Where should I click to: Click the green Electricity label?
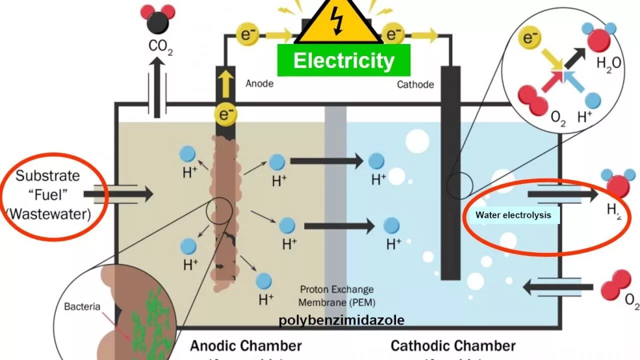[x=343, y=60]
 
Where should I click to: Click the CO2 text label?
[x=160, y=46]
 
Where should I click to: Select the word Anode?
[x=259, y=83]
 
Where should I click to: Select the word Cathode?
[x=415, y=84]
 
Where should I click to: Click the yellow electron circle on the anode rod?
[x=225, y=115]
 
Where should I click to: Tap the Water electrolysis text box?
[x=513, y=215]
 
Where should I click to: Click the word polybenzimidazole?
[x=341, y=320]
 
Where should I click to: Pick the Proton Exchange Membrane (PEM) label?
[x=336, y=296]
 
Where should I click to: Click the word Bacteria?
[x=82, y=306]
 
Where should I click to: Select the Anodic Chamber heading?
[x=245, y=345]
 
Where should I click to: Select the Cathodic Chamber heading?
[x=452, y=345]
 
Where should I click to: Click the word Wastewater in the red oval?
[x=48, y=214]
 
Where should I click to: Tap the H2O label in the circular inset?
[x=608, y=63]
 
